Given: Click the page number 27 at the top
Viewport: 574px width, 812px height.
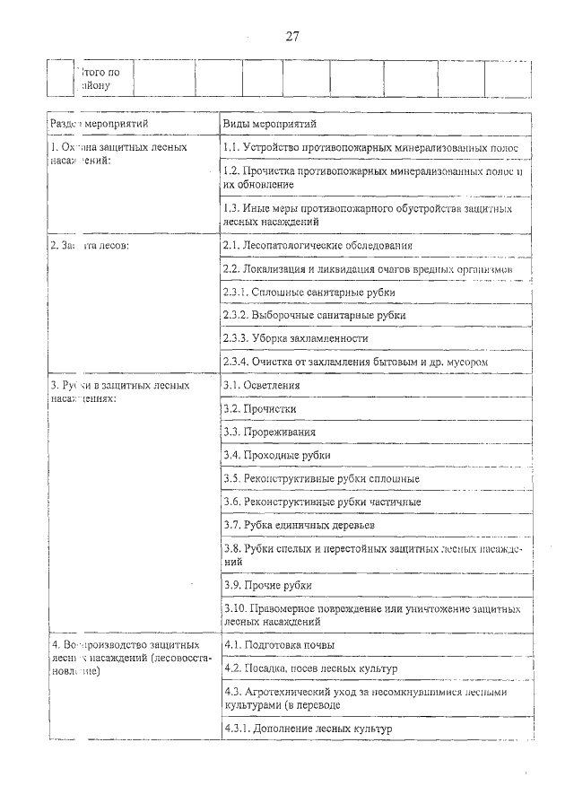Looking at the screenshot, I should (292, 37).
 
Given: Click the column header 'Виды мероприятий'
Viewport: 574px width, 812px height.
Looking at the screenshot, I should (269, 123).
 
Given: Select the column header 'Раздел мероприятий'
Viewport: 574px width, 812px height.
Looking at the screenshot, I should (99, 123).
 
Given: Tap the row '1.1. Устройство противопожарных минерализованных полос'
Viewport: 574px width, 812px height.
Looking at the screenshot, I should (370, 147).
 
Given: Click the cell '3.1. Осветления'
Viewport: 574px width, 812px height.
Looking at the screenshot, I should (262, 385).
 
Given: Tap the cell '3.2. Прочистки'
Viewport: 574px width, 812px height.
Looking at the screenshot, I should (260, 408).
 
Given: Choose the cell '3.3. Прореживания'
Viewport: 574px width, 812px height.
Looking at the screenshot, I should (269, 432).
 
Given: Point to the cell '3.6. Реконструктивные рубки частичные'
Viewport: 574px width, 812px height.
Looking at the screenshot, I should (322, 502).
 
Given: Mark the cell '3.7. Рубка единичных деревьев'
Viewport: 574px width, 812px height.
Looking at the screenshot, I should (299, 525).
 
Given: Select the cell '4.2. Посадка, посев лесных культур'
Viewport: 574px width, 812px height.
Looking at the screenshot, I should (310, 668).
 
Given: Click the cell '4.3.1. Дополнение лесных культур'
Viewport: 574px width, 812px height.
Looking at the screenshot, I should (308, 729).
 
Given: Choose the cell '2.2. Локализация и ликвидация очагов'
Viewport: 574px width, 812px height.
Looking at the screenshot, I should (368, 268).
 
